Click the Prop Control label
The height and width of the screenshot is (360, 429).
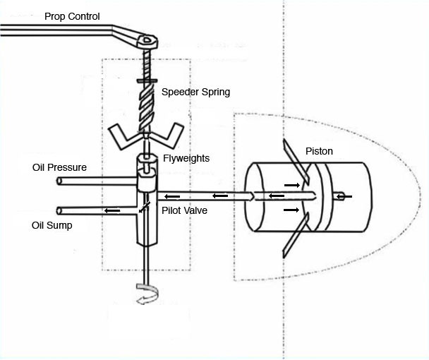pos(72,16)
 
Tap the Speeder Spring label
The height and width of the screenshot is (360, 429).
pos(195,92)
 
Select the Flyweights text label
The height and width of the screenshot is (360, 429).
pos(186,158)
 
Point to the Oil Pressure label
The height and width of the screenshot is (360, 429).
pos(59,167)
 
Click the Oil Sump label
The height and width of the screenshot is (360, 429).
pos(52,225)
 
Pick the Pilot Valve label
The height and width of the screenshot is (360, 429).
pos(184,210)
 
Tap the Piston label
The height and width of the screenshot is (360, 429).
pos(319,151)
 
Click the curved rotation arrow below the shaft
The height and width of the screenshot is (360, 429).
pos(147,294)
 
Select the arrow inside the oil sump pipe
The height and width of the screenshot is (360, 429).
pos(112,210)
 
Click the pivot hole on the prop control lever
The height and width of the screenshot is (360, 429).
pos(147,40)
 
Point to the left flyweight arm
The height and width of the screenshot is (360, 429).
pos(123,136)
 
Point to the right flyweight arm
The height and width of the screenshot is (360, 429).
pos(167,136)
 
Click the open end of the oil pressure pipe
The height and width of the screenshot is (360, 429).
pos(59,181)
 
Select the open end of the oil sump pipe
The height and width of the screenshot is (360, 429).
pos(59,211)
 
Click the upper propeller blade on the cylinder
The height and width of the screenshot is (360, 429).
pos(296,162)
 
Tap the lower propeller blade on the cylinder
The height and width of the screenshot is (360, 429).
pos(296,235)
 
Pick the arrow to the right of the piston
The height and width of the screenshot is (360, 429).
pos(344,196)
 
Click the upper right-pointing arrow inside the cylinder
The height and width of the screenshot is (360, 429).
pos(292,186)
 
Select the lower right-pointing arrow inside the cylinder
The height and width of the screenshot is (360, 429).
pos(291,210)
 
